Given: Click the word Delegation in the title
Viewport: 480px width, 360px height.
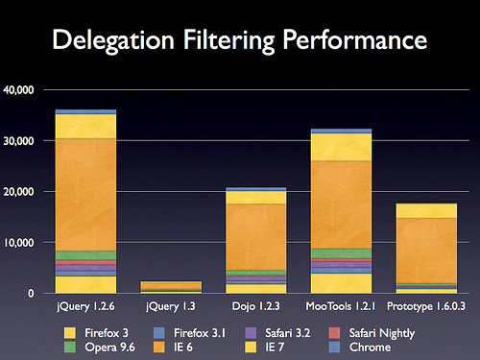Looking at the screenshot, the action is (x=113, y=40).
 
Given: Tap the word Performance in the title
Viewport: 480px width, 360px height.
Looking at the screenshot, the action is (x=354, y=39).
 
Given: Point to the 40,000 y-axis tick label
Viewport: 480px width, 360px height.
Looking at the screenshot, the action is (x=18, y=90).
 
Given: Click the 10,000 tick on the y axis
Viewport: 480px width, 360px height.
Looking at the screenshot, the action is (x=18, y=243).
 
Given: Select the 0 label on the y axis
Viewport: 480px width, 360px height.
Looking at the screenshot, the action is (x=31, y=293).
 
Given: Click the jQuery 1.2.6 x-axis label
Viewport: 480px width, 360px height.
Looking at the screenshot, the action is (x=85, y=306).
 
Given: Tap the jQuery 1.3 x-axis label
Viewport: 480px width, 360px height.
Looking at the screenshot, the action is (x=171, y=306).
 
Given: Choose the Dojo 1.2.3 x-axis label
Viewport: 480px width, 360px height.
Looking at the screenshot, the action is (x=255, y=306).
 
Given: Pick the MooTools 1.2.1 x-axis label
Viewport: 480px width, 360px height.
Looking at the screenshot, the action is (x=341, y=306).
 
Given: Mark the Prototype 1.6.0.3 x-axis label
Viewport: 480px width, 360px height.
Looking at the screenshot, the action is (x=426, y=306).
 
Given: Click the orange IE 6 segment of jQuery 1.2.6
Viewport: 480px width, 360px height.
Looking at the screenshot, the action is (x=85, y=195).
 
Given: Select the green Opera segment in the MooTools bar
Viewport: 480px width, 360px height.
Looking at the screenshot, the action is (x=341, y=254).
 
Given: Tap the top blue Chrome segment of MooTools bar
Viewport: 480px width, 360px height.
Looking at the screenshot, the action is (x=341, y=131).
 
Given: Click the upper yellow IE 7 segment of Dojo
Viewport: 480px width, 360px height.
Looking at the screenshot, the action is (x=256, y=198).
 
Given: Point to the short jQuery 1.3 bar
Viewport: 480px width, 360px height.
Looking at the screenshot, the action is (x=171, y=287).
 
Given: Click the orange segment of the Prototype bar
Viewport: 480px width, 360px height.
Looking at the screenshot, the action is (x=426, y=251).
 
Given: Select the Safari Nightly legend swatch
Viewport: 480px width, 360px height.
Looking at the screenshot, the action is (x=334, y=333).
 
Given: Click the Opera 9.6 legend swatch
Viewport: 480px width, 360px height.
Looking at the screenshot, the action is (x=70, y=348).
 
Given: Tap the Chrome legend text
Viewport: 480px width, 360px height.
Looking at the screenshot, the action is (x=370, y=348).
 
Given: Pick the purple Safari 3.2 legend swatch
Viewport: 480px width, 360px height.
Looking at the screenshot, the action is (x=251, y=333).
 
